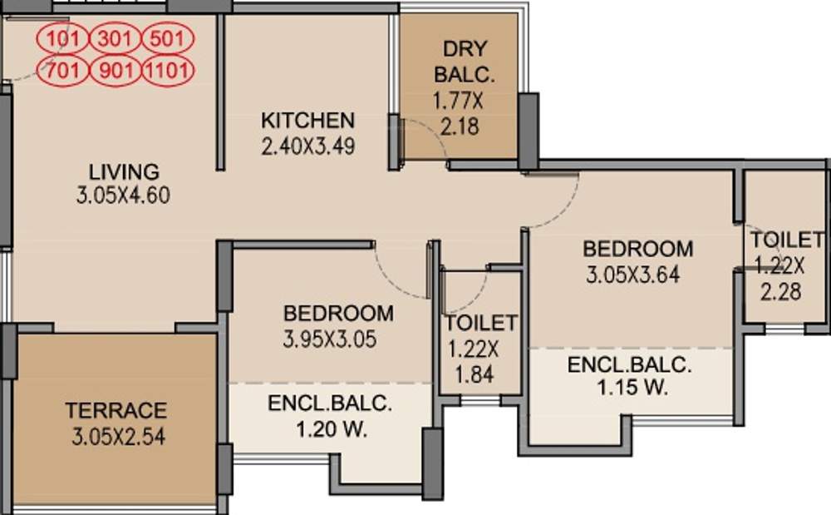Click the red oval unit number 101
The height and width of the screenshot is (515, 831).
[62, 39]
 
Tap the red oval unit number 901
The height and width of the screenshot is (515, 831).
[116, 70]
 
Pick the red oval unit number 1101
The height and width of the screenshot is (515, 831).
[169, 70]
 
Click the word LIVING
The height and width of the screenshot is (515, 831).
[124, 172]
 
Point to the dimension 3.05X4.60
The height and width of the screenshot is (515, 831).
[124, 197]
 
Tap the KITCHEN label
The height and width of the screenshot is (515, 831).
[308, 120]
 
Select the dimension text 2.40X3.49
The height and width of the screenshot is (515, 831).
[308, 146]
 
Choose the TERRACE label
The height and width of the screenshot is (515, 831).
[116, 410]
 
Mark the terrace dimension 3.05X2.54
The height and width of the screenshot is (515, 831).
[116, 437]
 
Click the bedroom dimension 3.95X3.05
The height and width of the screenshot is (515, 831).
[338, 339]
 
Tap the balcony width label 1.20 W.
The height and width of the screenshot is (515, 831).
[330, 430]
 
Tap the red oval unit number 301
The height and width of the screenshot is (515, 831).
[116, 39]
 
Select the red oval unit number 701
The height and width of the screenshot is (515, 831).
[62, 70]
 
